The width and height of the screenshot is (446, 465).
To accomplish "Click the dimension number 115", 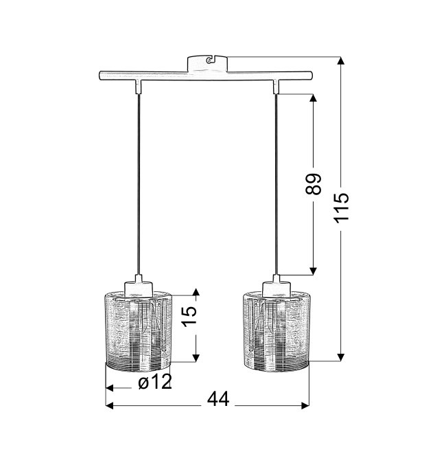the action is coord(342,207).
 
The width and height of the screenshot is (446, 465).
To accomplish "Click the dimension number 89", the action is coord(314,184).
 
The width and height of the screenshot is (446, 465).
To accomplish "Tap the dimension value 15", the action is coord(189,316).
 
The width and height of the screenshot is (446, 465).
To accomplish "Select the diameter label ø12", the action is coord(155,382).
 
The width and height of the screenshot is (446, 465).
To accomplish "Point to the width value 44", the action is coord(218,399).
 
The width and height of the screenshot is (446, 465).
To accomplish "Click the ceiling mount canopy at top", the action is coord(208,64).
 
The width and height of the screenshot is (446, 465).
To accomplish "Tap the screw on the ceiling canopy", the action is coord(209,60).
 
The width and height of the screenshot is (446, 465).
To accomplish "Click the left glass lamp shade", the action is coord(139,331).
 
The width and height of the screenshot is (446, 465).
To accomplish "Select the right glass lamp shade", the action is coord(277,331).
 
